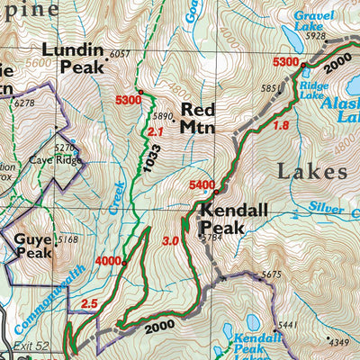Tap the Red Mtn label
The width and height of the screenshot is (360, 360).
tap(198, 118)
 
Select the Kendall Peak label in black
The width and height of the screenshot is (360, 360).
tap(222, 220)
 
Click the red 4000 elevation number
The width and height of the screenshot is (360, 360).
tap(107, 261)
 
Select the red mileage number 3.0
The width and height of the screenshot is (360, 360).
tap(169, 241)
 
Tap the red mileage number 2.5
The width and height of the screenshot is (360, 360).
tap(87, 304)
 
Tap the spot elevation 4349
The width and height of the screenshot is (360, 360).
tap(337, 342)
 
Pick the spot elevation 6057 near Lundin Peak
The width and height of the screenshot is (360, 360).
tap(119, 54)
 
